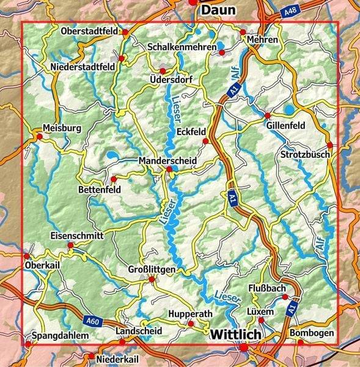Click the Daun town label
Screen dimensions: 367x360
point(218,10)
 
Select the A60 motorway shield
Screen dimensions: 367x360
point(92,320)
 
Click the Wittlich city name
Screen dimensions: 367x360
point(235,335)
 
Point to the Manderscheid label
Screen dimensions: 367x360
point(167,160)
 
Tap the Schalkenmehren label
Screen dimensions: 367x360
point(182,46)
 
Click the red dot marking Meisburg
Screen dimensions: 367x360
point(40,138)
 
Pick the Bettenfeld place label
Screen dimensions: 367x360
point(100,190)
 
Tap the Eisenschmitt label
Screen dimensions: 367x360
point(77,235)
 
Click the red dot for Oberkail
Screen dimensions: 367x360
point(26,256)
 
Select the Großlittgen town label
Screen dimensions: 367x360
point(152,269)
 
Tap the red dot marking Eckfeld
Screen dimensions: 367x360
point(205,141)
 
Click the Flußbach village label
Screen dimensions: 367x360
point(267,287)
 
